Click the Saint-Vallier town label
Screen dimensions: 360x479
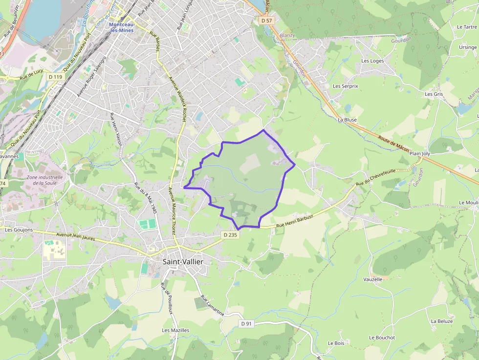click(x=183, y=262)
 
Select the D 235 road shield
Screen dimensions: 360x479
click(x=230, y=235)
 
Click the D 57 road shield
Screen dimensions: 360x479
click(x=266, y=21)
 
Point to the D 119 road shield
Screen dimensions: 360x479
click(x=56, y=77)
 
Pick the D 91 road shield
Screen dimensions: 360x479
click(x=246, y=323)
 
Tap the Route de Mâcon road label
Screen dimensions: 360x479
click(x=393, y=144)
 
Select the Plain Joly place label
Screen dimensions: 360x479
click(x=420, y=153)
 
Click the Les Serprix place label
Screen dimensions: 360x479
click(x=346, y=86)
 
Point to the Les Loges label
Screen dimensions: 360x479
click(x=372, y=61)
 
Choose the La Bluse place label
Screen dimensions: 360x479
click(x=347, y=120)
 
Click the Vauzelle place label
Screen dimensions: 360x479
click(x=373, y=279)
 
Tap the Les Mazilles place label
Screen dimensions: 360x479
click(x=175, y=330)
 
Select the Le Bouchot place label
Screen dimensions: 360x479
click(x=382, y=338)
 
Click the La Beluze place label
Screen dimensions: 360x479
click(x=442, y=321)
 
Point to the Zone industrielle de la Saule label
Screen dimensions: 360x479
click(x=45, y=180)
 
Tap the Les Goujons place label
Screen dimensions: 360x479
click(x=19, y=230)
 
